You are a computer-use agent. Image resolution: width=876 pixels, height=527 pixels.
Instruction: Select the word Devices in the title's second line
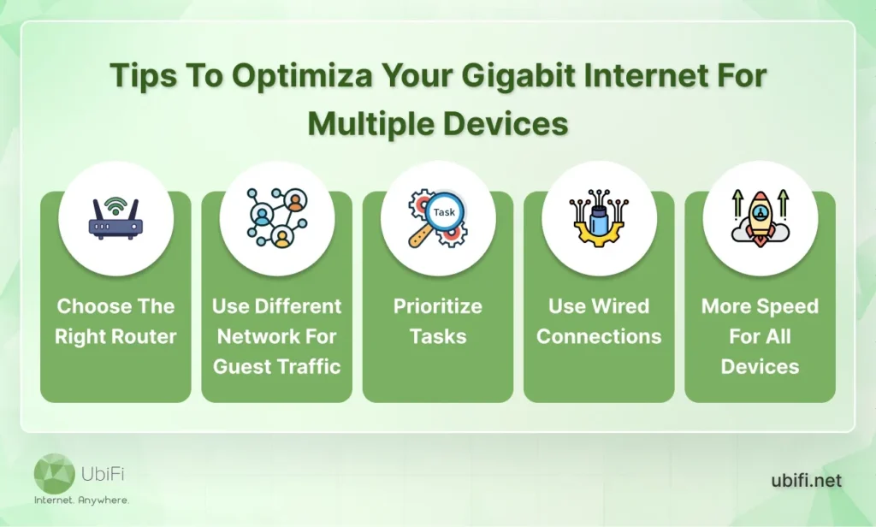point(505,123)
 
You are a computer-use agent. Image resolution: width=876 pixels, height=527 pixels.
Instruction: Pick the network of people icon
point(276,219)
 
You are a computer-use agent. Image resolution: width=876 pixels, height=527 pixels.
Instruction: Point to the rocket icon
point(760,219)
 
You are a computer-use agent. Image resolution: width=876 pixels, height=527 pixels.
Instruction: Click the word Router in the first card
point(143,336)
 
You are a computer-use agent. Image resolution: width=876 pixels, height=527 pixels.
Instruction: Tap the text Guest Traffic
point(277,366)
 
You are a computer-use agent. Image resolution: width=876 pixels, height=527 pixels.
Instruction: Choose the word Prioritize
point(438,306)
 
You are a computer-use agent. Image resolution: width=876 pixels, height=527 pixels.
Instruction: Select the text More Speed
point(760,306)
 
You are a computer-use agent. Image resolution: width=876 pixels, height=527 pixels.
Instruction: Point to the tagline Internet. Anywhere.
point(81,500)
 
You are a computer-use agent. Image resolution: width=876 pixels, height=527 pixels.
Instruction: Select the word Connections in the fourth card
point(599,336)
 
